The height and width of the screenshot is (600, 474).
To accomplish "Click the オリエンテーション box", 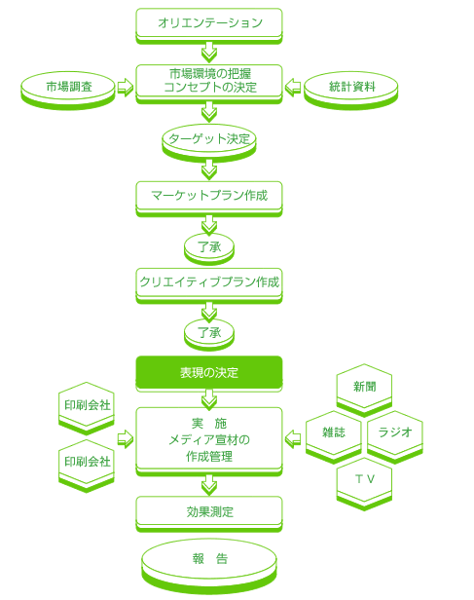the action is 209,25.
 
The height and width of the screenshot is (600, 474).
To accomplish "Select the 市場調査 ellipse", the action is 68,91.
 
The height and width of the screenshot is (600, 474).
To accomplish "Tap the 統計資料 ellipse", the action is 351,91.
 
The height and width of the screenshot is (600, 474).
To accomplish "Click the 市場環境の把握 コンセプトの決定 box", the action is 209,84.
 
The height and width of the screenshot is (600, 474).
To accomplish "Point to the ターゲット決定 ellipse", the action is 209,143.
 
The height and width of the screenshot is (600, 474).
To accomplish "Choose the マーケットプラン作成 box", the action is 209,199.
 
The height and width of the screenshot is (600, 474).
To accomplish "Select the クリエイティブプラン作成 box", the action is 209,285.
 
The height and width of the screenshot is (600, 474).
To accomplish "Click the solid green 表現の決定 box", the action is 209,373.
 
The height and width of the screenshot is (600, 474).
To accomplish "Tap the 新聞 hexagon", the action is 364,390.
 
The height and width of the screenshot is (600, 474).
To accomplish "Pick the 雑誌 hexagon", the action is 334,436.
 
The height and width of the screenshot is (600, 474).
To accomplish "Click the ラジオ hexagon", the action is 395,436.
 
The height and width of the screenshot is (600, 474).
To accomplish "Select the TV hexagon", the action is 364,484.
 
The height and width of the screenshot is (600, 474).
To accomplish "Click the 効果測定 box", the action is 209,514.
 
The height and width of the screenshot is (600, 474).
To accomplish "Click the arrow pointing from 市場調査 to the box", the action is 125,88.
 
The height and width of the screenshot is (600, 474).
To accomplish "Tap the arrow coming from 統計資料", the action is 293,88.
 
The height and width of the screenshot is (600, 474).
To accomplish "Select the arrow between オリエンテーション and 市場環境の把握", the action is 209,54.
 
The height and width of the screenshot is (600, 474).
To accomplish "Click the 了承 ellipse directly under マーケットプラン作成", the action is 209,248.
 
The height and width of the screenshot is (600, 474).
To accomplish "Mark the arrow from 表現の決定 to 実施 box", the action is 209,399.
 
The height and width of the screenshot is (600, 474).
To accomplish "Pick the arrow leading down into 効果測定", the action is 209,485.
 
